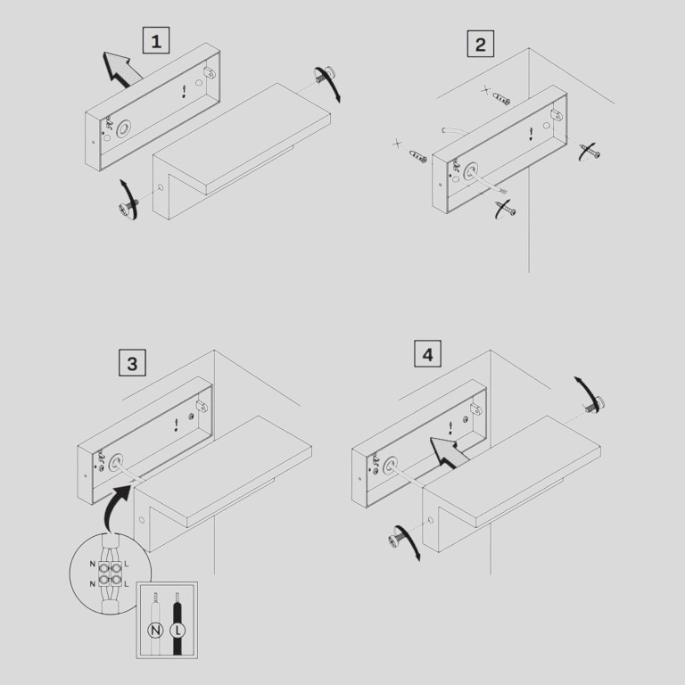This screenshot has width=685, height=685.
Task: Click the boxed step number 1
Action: click(156, 40)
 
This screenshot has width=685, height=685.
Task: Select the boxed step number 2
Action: click(481, 44)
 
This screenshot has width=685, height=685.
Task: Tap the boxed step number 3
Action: click(132, 363)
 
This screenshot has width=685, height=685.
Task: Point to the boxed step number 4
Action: click(427, 354)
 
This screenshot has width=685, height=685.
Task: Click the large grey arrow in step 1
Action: click(120, 69)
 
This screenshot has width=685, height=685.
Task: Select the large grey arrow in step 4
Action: click(449, 452)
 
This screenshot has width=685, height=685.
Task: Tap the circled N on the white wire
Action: click(155, 631)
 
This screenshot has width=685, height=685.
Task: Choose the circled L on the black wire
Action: click(177, 631)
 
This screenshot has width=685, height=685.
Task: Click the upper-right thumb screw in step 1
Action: click(324, 75)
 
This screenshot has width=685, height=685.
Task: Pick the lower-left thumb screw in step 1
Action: click(128, 207)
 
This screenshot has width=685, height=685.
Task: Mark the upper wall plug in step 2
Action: click(501, 99)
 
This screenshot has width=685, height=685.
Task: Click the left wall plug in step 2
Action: click(418, 156)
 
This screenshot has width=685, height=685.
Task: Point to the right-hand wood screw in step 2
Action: click(590, 151)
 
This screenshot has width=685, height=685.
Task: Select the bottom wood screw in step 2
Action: click(506, 209)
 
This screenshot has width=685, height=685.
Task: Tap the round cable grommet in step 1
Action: click(124, 128)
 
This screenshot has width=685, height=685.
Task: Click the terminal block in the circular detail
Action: click(109, 574)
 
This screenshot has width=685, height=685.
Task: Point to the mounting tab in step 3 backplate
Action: click(202, 407)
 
